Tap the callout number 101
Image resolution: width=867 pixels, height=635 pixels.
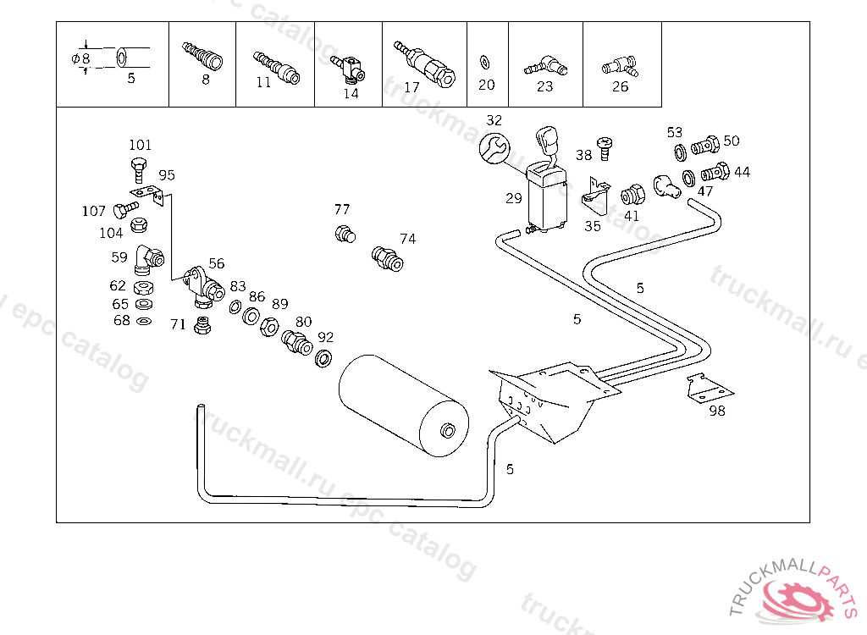click(x=140, y=145)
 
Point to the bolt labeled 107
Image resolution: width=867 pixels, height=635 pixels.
click(x=126, y=208)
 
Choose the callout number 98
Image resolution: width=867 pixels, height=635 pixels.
click(x=717, y=411)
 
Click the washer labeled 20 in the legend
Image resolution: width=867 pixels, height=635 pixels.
click(x=485, y=62)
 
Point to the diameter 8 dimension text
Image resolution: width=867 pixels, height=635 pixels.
click(x=81, y=58)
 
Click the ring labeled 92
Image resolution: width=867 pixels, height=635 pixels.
click(x=323, y=357)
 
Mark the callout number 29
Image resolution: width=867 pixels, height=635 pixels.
click(x=514, y=199)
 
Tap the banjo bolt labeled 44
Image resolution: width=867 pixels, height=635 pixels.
click(x=715, y=173)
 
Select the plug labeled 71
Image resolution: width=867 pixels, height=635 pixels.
click(x=202, y=326)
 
